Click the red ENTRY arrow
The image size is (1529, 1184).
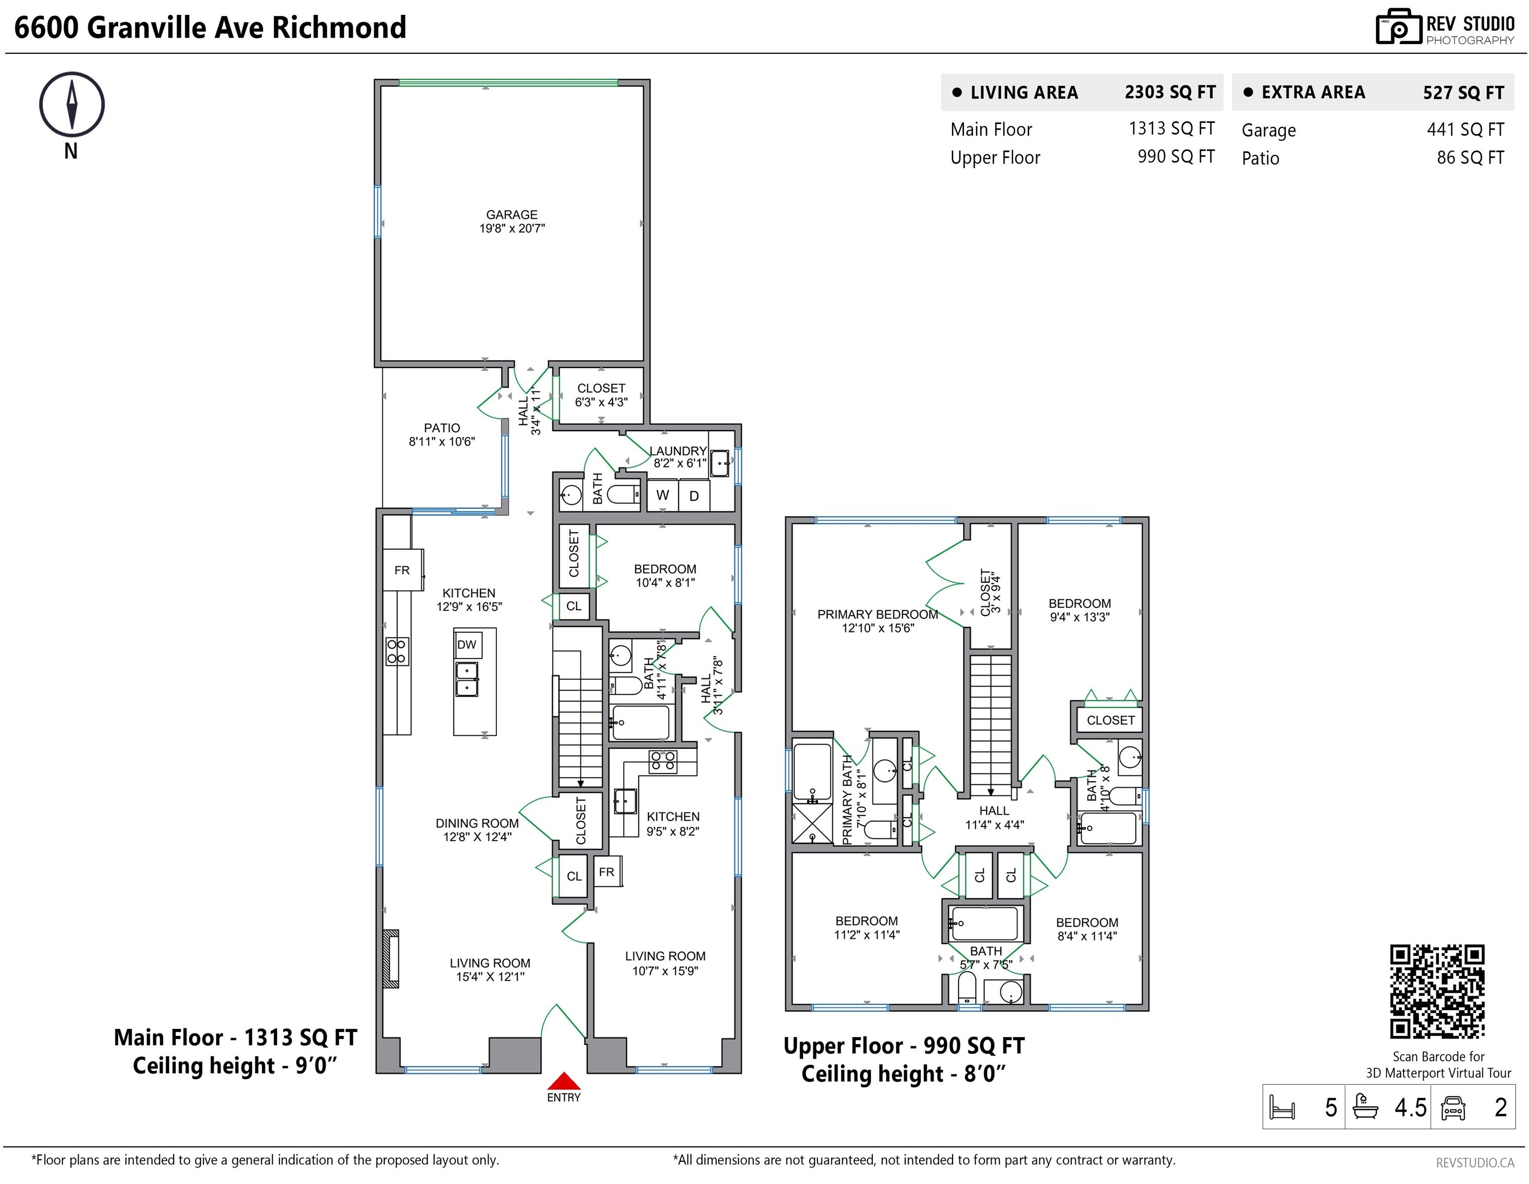(564, 1081)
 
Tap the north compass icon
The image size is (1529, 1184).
(71, 104)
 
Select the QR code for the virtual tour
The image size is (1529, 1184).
(1437, 991)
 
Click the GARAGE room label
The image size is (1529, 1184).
(512, 214)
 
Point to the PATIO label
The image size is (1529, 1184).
(442, 428)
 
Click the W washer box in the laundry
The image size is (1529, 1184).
(662, 495)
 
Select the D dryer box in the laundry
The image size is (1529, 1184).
(694, 495)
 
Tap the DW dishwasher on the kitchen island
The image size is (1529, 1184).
(467, 645)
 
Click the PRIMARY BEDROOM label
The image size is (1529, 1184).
(878, 614)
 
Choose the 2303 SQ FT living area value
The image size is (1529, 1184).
(1170, 91)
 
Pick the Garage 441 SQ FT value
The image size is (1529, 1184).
(1465, 129)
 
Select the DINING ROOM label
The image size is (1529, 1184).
(477, 823)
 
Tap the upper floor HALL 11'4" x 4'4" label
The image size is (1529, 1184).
(994, 818)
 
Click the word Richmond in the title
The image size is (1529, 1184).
(339, 27)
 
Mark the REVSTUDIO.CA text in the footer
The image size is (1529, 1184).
(1475, 1162)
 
